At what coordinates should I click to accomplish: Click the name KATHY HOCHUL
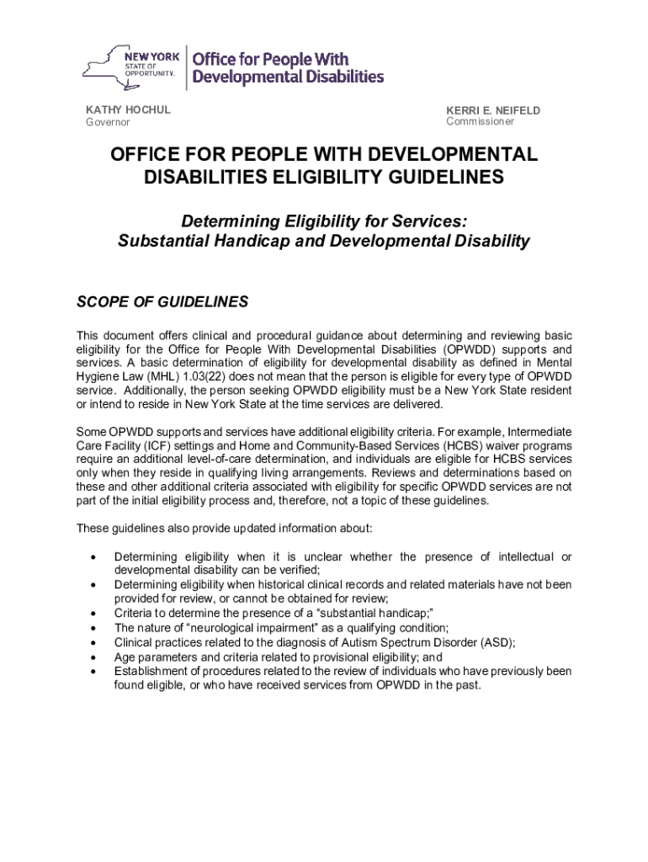tap(128, 110)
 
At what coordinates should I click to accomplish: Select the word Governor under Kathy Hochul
tap(109, 123)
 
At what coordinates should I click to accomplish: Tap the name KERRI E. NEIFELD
tap(493, 110)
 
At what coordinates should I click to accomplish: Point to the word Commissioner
tap(480, 122)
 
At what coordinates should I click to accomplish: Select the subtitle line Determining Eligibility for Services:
tap(324, 221)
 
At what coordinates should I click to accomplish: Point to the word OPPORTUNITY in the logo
tap(151, 73)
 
